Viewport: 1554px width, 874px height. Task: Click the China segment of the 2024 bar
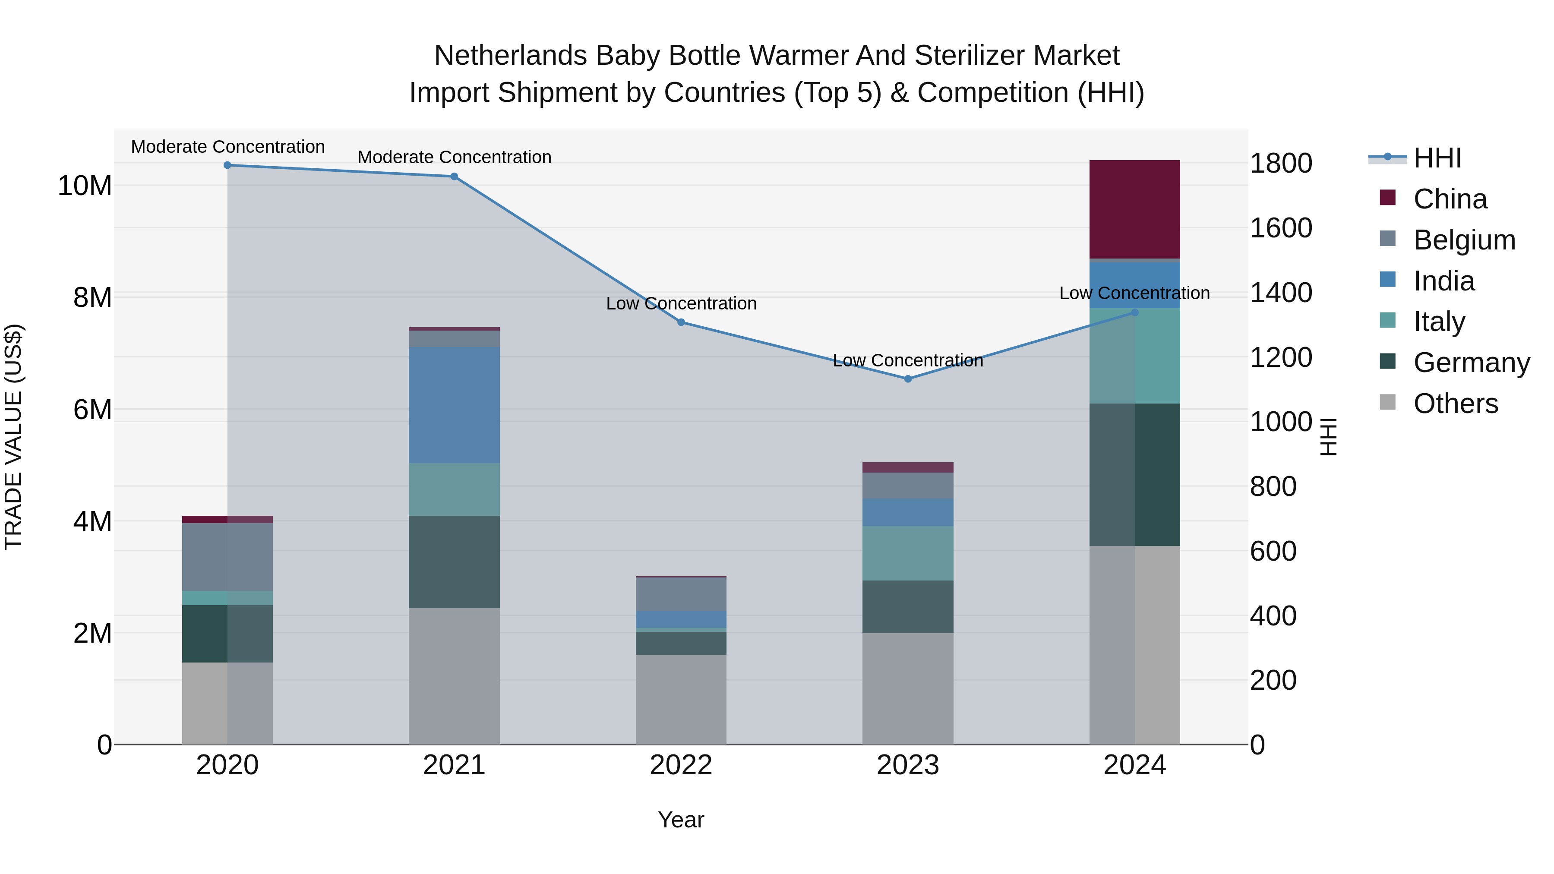pyautogui.click(x=1134, y=209)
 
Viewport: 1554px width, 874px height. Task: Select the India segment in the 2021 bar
pyautogui.click(x=454, y=405)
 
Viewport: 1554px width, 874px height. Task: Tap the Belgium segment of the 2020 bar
pyautogui.click(x=227, y=556)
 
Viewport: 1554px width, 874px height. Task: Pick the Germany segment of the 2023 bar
pyautogui.click(x=907, y=606)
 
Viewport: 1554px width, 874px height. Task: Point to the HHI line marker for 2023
pyautogui.click(x=907, y=379)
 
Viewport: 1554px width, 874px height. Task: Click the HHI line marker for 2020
pyautogui.click(x=227, y=165)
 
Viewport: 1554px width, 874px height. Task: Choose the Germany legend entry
pyautogui.click(x=1471, y=363)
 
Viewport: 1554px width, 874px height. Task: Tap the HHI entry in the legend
pyautogui.click(x=1437, y=158)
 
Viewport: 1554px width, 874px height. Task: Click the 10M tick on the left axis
pyautogui.click(x=85, y=186)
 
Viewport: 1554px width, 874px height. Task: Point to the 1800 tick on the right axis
pyautogui.click(x=1280, y=164)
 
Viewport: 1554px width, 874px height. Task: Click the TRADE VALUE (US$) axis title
pyautogui.click(x=13, y=437)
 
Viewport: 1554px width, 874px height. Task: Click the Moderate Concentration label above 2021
pyautogui.click(x=454, y=157)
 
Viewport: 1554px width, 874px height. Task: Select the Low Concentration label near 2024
pyautogui.click(x=1134, y=293)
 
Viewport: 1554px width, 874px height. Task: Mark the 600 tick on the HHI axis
pyautogui.click(x=1273, y=551)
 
